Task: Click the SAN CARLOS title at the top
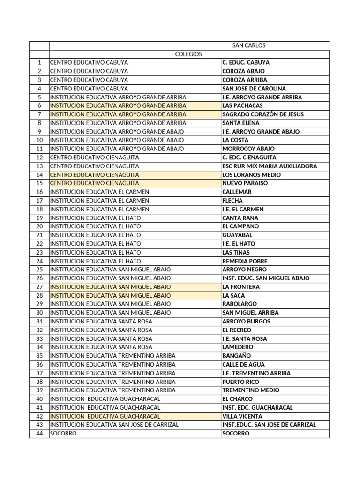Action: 248,45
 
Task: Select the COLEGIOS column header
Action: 188,54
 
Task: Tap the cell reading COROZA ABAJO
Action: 243,71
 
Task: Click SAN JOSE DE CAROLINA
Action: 254,89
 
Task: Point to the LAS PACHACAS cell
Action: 242,106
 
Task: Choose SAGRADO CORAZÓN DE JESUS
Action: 262,114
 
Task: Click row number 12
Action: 39,157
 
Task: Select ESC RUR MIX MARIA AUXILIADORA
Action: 270,166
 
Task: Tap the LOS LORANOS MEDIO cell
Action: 251,175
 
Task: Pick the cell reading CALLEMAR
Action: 237,192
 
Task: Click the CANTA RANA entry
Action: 240,218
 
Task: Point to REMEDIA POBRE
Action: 245,261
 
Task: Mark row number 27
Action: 39,287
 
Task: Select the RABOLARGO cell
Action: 240,304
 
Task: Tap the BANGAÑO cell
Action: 237,356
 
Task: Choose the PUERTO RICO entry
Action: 240,382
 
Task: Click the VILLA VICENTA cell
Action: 242,416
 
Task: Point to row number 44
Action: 39,434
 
